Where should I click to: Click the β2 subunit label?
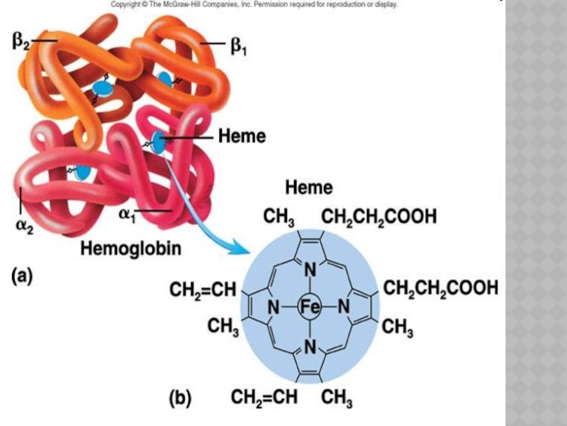pos(21,42)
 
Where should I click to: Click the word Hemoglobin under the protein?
pos(130,248)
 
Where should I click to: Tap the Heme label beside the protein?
pos(241,136)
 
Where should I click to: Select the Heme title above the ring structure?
pos(308,187)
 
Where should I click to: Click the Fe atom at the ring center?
pos(309,307)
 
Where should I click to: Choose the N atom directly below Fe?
pos(309,346)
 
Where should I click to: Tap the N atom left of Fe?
pos(272,307)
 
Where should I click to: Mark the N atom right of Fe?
pos(344,307)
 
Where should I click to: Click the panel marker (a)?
pos(20,278)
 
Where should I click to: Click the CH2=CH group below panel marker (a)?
pos(202,290)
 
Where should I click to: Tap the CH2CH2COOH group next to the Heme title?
pos(378,217)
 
